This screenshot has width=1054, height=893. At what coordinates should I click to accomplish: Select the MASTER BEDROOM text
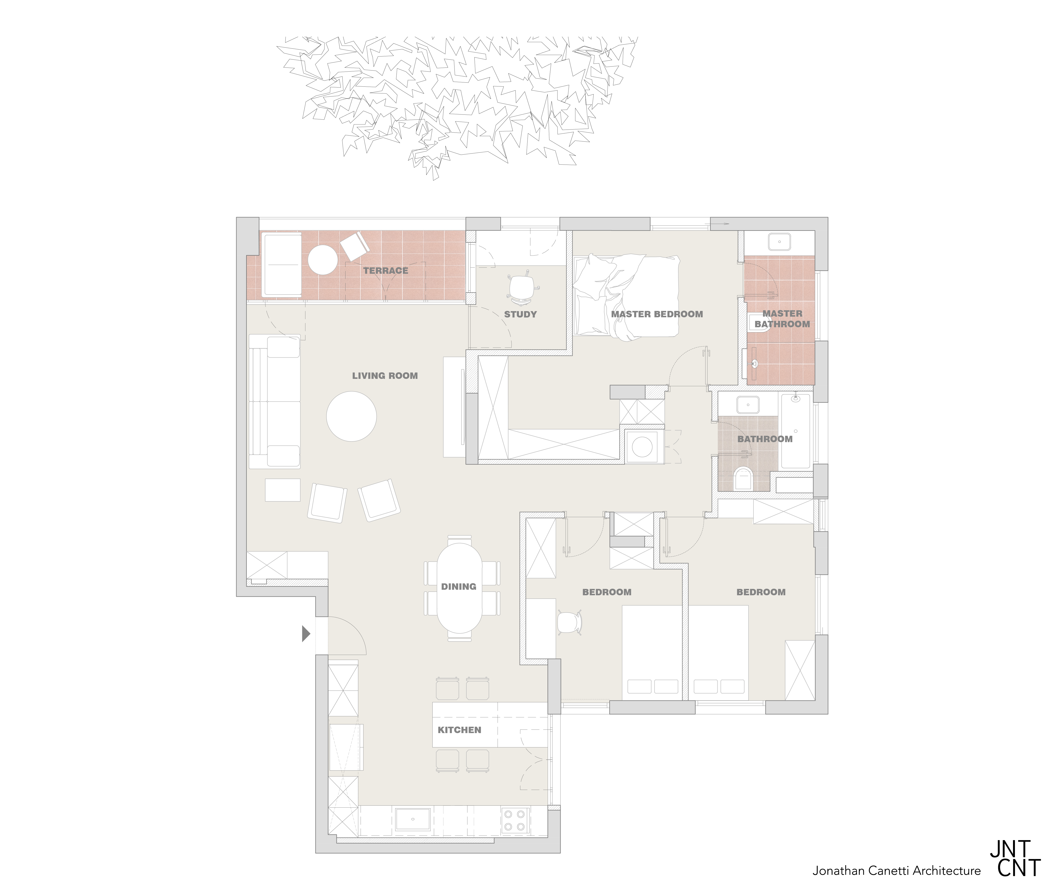(x=657, y=314)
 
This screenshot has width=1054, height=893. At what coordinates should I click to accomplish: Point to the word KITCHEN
(x=459, y=730)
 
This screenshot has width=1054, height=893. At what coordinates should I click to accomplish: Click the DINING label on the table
(x=459, y=587)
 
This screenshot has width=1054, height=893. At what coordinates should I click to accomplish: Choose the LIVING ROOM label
(x=385, y=376)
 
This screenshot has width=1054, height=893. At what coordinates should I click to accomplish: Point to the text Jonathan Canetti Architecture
(x=897, y=871)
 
